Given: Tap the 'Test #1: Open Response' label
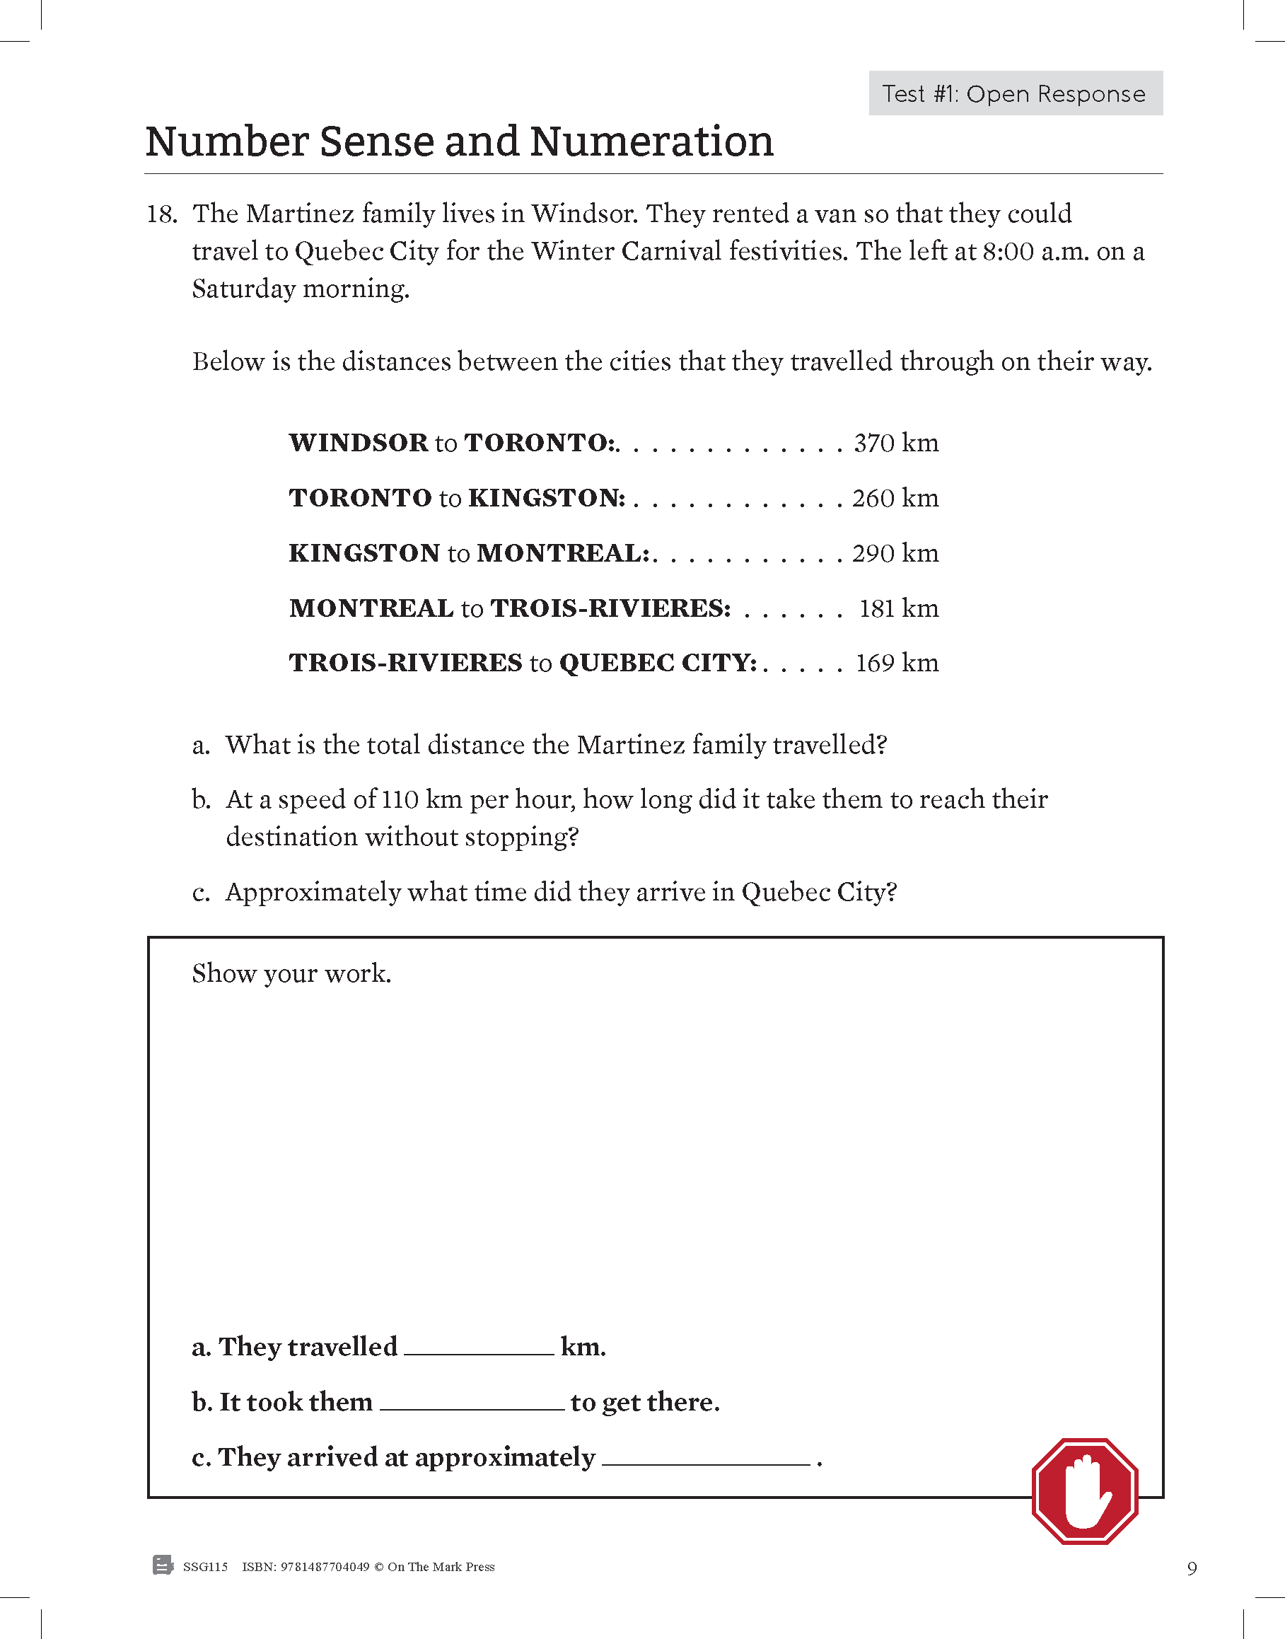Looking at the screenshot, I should click(1015, 93).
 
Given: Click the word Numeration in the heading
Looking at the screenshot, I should click(651, 141).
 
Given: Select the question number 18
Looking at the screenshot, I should click(161, 214).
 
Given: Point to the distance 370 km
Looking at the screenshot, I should click(896, 444).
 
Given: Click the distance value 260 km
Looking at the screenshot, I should click(895, 498).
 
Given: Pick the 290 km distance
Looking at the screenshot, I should click(895, 554).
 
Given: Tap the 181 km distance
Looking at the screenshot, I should click(898, 609).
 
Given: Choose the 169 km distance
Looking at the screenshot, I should click(897, 664).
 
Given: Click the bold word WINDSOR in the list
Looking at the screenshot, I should click(358, 444).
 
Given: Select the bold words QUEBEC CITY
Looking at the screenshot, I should click(656, 664).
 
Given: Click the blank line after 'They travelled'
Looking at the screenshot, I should click(479, 1349).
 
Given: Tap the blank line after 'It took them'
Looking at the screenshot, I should click(472, 1404).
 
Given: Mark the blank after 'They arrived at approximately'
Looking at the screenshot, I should click(706, 1460).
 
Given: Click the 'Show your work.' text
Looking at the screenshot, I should click(291, 974).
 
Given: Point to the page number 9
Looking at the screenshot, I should click(1192, 1568).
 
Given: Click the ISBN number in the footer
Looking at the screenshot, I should click(325, 1567).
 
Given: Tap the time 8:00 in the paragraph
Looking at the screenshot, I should click(1008, 251).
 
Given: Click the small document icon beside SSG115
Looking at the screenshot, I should click(162, 1565).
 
